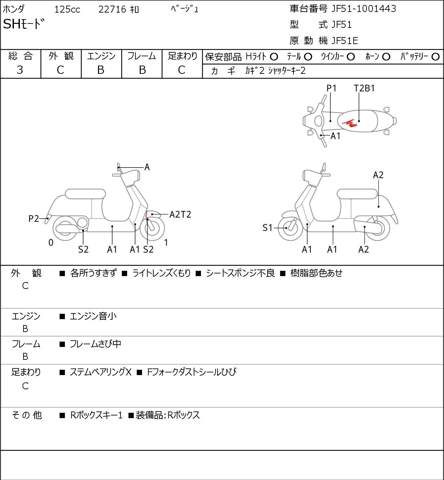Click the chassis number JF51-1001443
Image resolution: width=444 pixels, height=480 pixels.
pos(364,9)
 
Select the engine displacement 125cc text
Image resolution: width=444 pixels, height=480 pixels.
pos(67,9)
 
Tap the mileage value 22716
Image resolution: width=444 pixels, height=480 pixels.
pos(112,9)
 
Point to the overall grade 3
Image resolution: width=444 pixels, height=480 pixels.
pos(20,70)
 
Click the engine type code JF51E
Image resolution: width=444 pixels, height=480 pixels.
pos(345,41)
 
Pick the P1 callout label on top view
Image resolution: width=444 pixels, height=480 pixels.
pos(331,88)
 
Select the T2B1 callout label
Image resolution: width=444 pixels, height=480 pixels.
pos(364,88)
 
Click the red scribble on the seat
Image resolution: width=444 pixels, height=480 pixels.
pos(350,123)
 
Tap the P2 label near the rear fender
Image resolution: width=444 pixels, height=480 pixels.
pos(34,218)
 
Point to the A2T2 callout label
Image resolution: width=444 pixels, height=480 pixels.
pos(180,215)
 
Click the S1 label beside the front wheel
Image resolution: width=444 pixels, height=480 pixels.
pos(268,228)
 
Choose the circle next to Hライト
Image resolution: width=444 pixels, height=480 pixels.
pos(274,57)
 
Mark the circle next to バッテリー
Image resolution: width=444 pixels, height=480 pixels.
pos(435,57)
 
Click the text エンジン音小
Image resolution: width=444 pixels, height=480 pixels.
pos(93,316)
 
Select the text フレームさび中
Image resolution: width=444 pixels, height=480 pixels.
pos(95,344)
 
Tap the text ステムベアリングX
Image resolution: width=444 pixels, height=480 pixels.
pos(101,372)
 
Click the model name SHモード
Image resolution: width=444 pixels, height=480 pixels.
pos(24,24)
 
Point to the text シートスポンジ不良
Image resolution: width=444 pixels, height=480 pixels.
pos(240,273)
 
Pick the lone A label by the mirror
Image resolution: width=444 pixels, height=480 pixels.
pos(147,167)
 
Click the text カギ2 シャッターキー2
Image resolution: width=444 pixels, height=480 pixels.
pos(275,71)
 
